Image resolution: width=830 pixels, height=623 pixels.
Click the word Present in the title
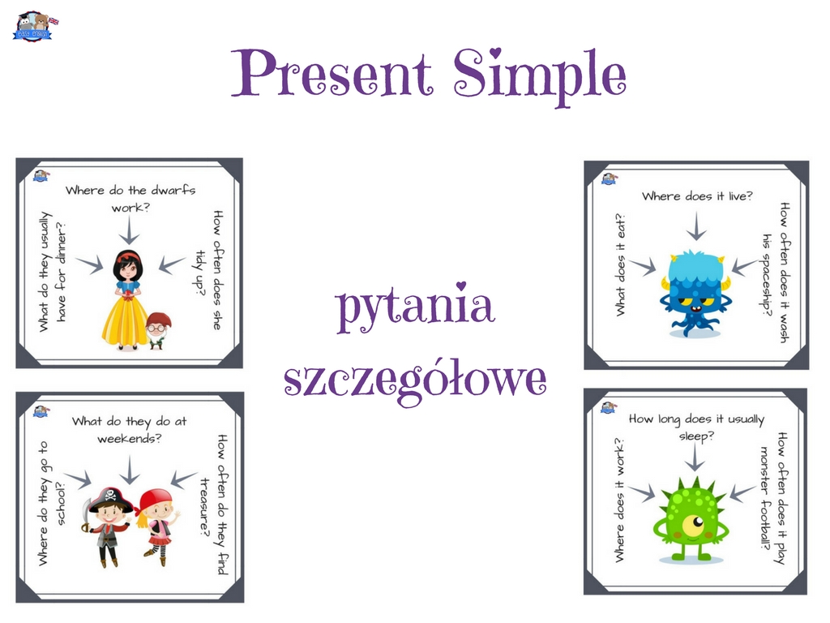[332, 73]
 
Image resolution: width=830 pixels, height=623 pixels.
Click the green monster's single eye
[694, 525]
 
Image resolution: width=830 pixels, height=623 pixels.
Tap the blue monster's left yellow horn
[666, 281]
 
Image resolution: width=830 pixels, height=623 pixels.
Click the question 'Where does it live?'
[696, 196]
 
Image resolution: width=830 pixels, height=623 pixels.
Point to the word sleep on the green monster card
[696, 436]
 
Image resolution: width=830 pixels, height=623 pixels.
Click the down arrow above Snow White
[129, 230]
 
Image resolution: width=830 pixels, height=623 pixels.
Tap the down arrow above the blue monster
[696, 226]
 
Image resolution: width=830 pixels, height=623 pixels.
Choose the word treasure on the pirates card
[205, 506]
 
